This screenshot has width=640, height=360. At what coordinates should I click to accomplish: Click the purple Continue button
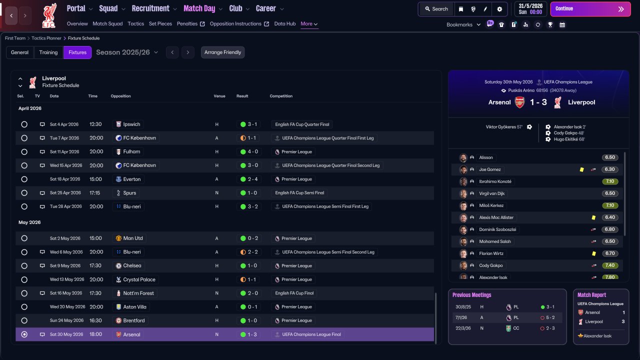click(590, 9)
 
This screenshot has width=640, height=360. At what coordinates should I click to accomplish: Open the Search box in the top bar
click(436, 9)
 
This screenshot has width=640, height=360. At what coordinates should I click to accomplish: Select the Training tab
click(48, 52)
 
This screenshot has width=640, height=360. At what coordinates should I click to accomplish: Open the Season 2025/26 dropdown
click(127, 52)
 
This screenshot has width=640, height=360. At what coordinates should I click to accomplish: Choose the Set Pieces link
click(160, 23)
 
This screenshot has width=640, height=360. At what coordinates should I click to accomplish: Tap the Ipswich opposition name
click(131, 124)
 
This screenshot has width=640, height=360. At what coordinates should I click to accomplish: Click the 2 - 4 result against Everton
click(252, 179)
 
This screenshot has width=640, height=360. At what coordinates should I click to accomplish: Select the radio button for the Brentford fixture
click(24, 320)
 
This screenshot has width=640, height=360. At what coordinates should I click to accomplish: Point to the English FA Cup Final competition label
click(294, 293)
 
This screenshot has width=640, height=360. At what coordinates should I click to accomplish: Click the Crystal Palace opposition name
click(139, 279)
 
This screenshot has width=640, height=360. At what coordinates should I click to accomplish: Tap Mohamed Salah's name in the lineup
click(495, 241)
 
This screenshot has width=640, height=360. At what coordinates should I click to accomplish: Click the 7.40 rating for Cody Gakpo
click(609, 265)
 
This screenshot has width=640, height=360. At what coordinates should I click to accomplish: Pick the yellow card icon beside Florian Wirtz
click(593, 253)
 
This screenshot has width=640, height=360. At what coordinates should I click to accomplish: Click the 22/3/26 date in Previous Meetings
click(463, 328)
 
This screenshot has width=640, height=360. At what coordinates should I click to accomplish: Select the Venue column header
click(219, 96)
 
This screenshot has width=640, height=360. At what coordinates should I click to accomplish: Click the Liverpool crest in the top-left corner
click(49, 15)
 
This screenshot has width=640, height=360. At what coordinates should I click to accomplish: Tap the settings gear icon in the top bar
click(499, 9)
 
